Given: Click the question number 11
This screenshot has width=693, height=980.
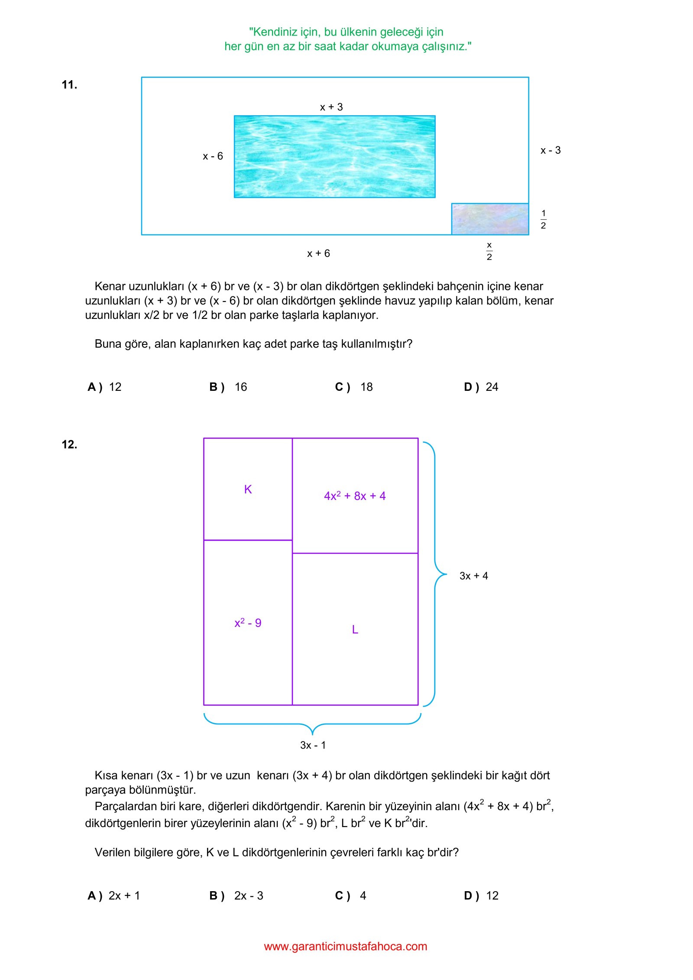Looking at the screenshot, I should (69, 84).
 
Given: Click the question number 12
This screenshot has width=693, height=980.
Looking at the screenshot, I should (69, 444).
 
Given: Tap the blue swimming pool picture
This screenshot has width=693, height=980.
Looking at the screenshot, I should (334, 156).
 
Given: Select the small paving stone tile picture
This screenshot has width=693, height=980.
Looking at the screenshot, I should (490, 219).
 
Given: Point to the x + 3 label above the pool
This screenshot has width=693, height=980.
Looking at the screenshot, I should (331, 107).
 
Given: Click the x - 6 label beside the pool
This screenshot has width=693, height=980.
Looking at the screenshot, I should (213, 156).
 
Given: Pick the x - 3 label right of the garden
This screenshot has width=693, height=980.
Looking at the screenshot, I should (551, 150).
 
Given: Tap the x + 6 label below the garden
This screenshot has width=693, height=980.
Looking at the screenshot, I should (318, 253).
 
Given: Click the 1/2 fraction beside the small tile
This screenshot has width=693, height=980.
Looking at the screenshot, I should (543, 219).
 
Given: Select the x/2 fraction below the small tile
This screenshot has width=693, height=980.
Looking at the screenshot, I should (489, 251).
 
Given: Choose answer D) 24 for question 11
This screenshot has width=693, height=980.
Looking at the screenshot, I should (481, 387).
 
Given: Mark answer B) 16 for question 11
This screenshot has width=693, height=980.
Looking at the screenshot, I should (228, 387).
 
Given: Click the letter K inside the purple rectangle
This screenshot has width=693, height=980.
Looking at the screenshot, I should (248, 489).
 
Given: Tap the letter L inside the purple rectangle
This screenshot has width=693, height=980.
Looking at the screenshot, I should (355, 630).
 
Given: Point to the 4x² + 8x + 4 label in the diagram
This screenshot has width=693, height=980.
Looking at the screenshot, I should (355, 496).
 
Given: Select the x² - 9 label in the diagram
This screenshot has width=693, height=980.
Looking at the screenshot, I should (248, 623).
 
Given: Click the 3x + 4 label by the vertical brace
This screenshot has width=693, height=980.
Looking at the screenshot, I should (473, 576).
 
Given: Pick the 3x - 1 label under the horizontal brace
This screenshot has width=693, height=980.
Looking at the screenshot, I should (313, 745).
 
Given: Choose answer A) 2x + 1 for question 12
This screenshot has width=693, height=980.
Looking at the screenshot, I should (114, 896).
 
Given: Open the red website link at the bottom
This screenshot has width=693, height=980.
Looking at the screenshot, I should (345, 946).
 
